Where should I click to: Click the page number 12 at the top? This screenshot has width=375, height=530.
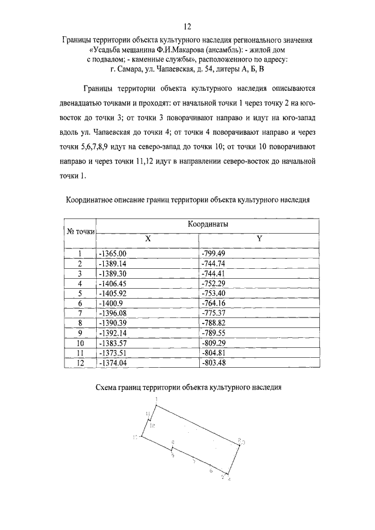tap(187, 27)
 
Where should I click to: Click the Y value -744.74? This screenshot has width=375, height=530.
tap(213, 264)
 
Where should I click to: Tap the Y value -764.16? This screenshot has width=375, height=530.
tap(213, 303)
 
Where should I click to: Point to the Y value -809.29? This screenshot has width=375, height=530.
tap(213, 343)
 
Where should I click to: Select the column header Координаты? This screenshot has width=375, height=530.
tap(207, 225)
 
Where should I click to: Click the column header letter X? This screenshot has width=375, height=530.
tap(148, 240)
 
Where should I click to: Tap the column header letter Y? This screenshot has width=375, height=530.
tap(259, 240)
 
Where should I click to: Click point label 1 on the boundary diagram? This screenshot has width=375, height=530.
tap(156, 399)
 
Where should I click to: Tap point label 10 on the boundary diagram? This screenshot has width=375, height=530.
tap(136, 437)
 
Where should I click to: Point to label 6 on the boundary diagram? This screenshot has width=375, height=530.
tap(210, 470)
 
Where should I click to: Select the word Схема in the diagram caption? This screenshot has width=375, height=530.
tap(108, 387)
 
